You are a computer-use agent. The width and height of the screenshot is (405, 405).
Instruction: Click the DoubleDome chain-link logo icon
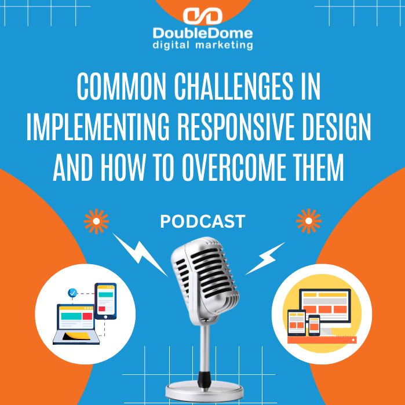(x=203, y=16)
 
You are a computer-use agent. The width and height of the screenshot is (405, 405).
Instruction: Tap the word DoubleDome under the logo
(x=203, y=32)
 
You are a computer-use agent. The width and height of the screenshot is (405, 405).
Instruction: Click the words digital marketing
(x=203, y=44)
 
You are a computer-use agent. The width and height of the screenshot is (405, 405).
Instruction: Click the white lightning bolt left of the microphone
(x=140, y=252)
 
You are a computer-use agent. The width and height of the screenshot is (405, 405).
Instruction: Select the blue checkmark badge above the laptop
(x=72, y=293)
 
